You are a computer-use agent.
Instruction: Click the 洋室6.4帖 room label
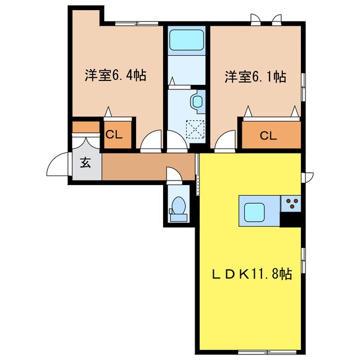[x=116, y=75]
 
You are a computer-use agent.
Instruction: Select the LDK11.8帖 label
[x=250, y=274]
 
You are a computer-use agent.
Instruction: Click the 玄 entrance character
[x=85, y=164]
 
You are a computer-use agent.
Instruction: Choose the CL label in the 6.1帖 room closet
[x=268, y=136]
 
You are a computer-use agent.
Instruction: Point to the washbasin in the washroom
[x=197, y=102]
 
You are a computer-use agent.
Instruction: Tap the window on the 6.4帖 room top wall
[x=136, y=23]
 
